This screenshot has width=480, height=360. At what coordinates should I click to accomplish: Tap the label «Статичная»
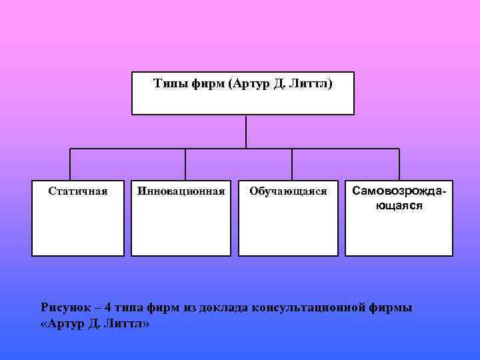[78, 191]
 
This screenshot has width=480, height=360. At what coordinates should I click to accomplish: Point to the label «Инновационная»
[181, 191]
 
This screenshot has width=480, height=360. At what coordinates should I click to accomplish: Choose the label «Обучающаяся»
[288, 191]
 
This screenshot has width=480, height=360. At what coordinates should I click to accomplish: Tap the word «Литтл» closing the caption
[129, 324]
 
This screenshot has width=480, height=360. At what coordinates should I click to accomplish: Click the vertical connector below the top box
[246, 131]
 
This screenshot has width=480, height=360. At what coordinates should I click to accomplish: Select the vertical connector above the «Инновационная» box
[185, 164]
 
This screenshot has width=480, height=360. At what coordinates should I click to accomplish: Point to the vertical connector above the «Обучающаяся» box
[292, 164]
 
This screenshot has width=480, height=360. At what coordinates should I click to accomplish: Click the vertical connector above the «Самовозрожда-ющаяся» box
[399, 164]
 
